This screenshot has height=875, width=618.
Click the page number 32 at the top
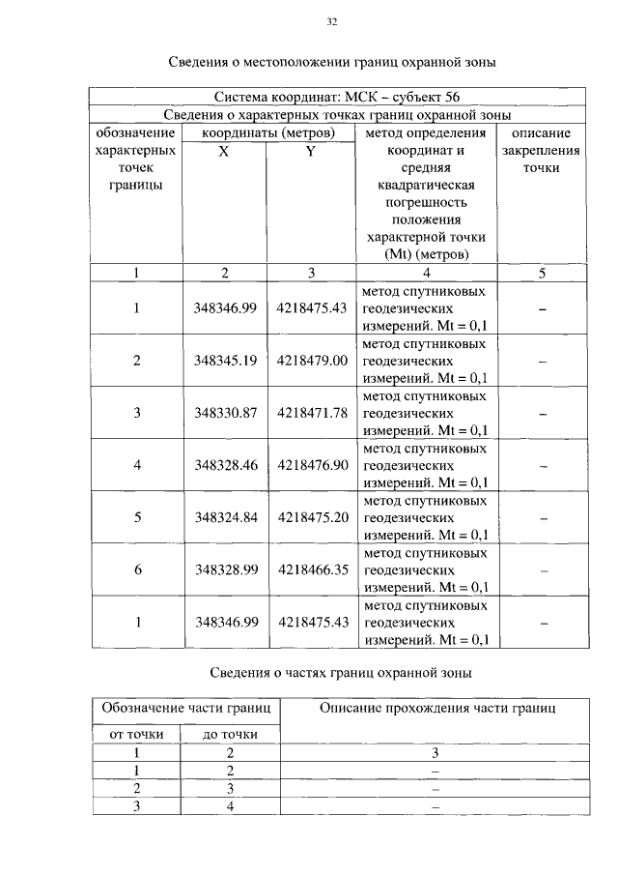pos(331,21)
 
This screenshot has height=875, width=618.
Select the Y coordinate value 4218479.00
pos(311,361)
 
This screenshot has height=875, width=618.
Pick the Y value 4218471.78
pos(311,413)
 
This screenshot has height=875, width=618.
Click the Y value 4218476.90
pos(311,465)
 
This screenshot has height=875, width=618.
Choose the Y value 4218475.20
pos(311,517)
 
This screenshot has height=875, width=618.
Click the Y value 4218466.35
pos(311,569)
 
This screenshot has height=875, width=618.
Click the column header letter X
pos(223,152)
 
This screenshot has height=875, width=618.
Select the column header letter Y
pos(311,152)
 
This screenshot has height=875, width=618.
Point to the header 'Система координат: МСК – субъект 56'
pos(337,97)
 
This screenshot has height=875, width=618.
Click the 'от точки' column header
pos(135,735)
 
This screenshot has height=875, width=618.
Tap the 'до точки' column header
pos(230,735)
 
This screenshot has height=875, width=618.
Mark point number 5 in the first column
pos(137,517)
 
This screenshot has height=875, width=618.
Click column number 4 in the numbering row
pos(426,273)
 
